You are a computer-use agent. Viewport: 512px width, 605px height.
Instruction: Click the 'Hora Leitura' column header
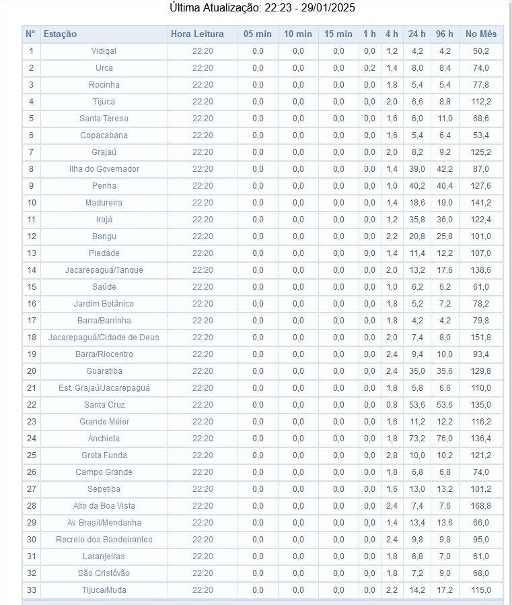pos(197,34)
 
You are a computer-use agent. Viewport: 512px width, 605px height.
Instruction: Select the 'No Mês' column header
pos(480,34)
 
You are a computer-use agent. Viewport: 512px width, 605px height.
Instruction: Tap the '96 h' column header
pos(445,34)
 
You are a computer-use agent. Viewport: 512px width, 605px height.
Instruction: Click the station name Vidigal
pos(104,51)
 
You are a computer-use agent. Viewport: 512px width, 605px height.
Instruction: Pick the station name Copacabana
pos(104,135)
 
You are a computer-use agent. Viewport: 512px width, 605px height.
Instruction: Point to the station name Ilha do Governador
pos(104,169)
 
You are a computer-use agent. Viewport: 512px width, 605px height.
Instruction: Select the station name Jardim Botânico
pos(104,304)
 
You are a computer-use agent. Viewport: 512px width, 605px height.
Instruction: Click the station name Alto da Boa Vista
pos(104,506)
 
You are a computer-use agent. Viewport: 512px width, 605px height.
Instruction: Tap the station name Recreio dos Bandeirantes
pos(104,540)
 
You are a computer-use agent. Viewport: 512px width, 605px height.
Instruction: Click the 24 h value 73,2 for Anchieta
pos(417,439)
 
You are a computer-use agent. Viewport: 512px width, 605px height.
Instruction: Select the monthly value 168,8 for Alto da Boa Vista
pos(480,506)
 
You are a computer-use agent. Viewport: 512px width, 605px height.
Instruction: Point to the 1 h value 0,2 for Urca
pos(369,68)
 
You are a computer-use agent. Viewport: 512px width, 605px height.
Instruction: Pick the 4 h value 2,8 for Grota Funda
pos(392,455)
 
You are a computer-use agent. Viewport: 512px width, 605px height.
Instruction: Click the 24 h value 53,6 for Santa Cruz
pos(417,405)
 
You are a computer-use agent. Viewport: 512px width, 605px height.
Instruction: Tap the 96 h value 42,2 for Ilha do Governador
pos(445,169)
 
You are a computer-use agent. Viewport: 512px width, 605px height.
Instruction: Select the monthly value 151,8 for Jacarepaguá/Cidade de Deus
pos(480,338)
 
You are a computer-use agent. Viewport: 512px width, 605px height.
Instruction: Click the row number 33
pos(31,590)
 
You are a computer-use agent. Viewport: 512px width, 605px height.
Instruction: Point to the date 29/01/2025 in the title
pos(328,8)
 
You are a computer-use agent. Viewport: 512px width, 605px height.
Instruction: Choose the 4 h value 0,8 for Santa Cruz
pos(392,405)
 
